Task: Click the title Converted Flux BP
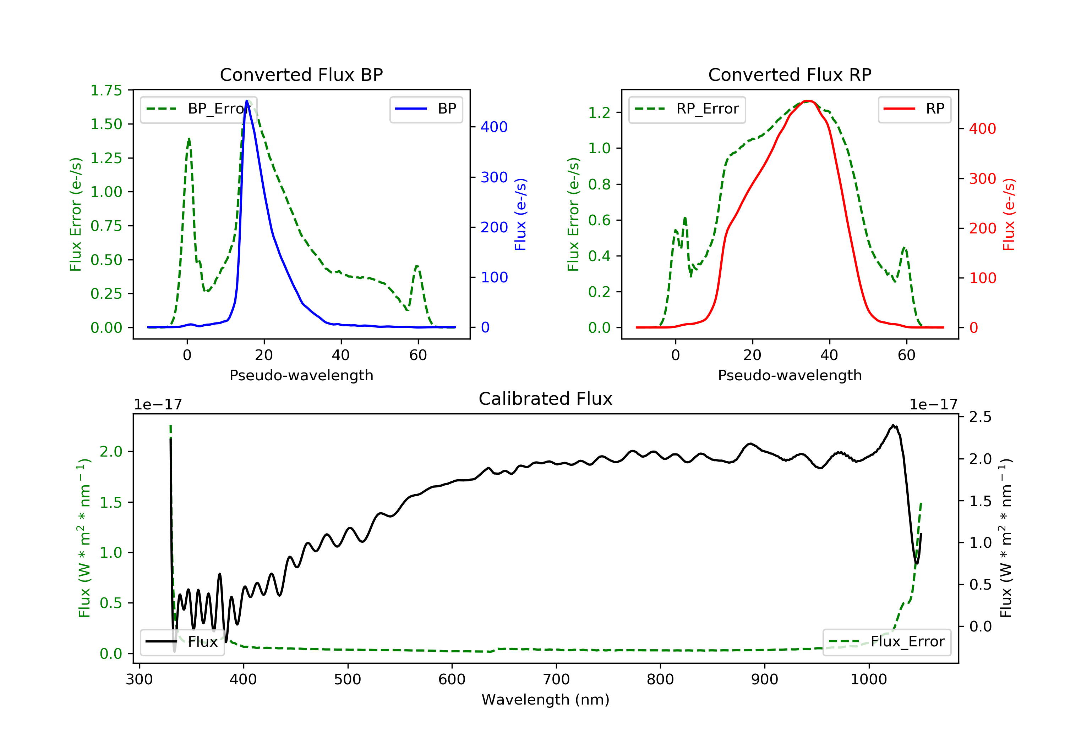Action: coord(301,74)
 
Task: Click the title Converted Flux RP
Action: coord(790,74)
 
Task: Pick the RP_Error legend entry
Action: coord(687,109)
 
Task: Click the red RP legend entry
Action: coord(914,109)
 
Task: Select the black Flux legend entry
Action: coord(182,642)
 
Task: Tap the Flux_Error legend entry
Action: coord(886,642)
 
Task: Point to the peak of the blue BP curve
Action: coord(247,101)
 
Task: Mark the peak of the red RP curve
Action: coord(808,101)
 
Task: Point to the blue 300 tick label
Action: coord(494,177)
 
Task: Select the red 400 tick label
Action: coord(982,129)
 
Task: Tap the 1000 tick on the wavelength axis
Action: coord(868,680)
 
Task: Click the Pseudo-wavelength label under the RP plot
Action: coord(790,375)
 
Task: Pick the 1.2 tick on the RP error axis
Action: coord(599,113)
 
